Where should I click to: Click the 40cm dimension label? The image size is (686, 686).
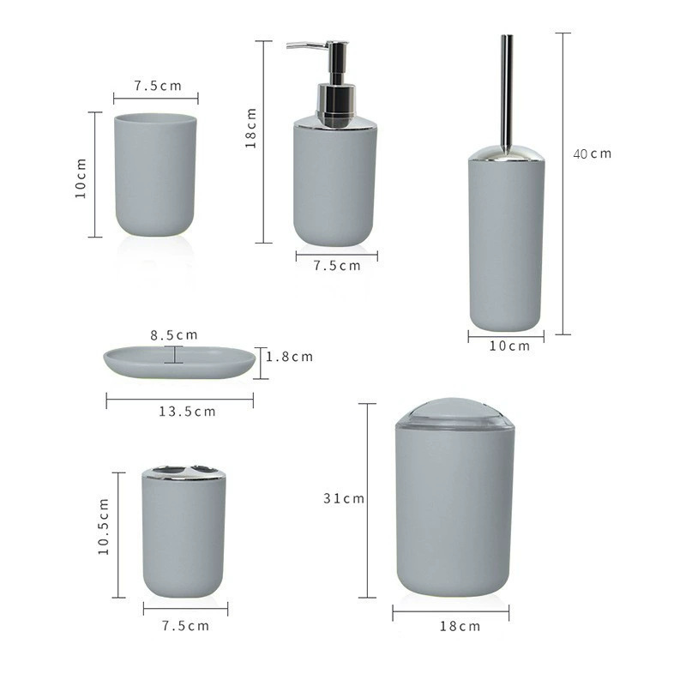coord(593,153)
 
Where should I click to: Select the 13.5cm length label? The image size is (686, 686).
coord(187,412)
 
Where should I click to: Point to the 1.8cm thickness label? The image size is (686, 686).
coord(289,357)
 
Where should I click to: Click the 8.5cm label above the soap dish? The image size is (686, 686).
coord(174,335)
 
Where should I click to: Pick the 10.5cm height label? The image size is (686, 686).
coord(104,527)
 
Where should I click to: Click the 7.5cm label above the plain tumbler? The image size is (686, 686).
coord(158,86)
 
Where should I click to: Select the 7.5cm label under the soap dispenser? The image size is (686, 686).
coord(337,266)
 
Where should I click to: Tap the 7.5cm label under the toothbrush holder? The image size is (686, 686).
coord(185,625)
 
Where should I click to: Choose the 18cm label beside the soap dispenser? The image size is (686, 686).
coord(251,128)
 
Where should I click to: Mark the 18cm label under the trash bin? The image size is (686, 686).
coord(460,627)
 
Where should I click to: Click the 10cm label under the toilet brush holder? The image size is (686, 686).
coord(508,346)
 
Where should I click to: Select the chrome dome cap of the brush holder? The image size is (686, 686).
coord(506,153)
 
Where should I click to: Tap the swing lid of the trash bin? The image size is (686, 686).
coord(454,412)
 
